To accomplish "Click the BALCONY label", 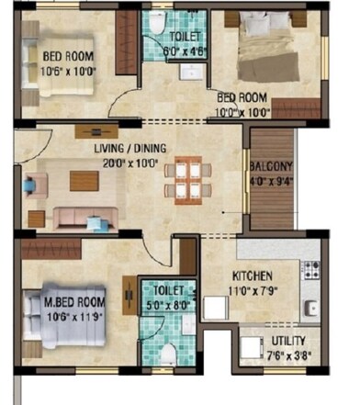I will pyautogui.click(x=270, y=166).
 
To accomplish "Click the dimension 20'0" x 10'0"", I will pyautogui.click(x=129, y=163).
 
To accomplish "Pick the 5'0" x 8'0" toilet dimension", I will pyautogui.click(x=162, y=304).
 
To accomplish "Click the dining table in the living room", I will pyautogui.click(x=187, y=179).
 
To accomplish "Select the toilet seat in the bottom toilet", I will pyautogui.click(x=166, y=354).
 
